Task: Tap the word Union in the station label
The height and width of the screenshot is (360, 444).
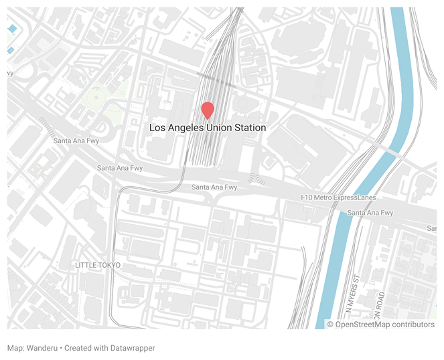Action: click(220, 128)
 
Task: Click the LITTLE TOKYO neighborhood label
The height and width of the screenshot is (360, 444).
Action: click(98, 266)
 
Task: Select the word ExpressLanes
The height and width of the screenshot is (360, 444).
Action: click(354, 197)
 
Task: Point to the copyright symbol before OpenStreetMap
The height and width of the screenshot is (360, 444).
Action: click(330, 325)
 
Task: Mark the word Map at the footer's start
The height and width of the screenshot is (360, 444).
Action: click(15, 348)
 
